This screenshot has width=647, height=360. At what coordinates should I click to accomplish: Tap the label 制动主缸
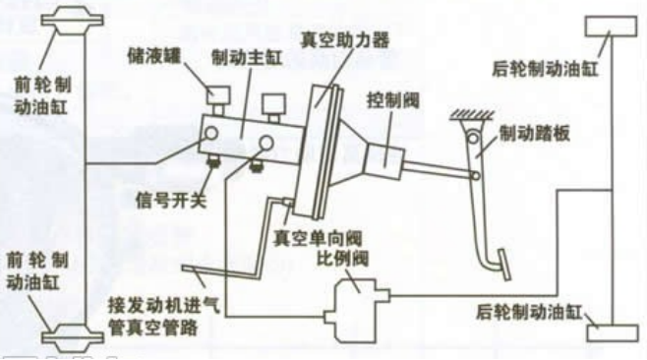(246, 59)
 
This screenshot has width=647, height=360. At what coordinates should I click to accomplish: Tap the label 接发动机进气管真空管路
(157, 312)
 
